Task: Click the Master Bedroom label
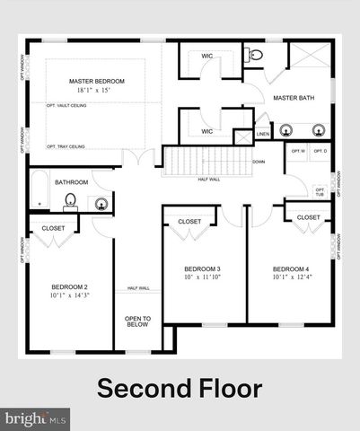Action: tap(96, 82)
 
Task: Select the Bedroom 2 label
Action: tap(67, 287)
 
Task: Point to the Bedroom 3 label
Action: tap(202, 269)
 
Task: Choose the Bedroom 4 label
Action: tap(291, 269)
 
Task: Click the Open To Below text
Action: tap(137, 322)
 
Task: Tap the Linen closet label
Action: tap(262, 135)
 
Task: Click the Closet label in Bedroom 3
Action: tap(189, 221)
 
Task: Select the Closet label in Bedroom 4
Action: tap(308, 217)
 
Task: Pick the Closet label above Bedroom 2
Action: tap(53, 228)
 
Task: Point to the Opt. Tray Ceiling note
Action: tap(66, 145)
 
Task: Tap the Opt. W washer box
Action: tap(298, 151)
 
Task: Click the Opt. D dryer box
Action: tap(320, 151)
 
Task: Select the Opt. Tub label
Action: tap(320, 192)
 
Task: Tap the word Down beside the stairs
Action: tap(259, 162)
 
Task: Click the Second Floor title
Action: tap(180, 389)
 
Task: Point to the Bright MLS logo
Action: tap(36, 418)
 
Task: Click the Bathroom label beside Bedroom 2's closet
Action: tap(71, 182)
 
